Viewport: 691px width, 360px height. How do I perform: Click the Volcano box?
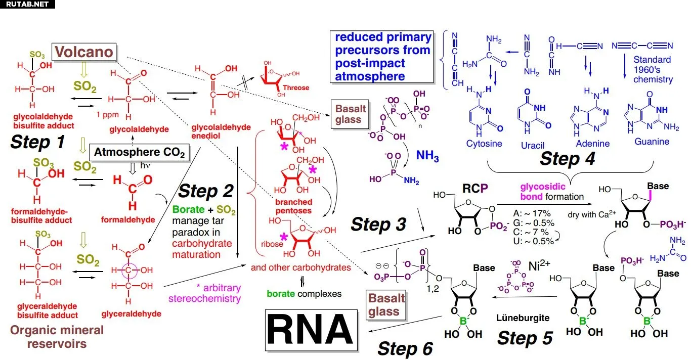tap(84, 52)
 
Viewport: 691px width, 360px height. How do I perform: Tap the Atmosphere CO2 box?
tap(139, 152)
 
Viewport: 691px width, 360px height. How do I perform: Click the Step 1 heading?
tap(37, 142)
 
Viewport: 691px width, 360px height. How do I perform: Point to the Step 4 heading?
tap(567, 159)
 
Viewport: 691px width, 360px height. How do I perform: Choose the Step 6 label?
tap(406, 348)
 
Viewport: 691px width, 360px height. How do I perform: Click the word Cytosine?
tap(484, 143)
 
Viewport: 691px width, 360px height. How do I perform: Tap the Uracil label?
tap(532, 145)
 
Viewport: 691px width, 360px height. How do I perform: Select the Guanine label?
tap(652, 142)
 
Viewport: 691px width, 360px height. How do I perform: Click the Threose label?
tap(296, 87)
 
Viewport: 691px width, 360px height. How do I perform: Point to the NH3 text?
tap(427, 156)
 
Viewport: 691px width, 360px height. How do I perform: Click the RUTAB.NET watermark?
tap(28, 4)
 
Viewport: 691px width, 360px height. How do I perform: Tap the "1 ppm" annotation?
tap(107, 115)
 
